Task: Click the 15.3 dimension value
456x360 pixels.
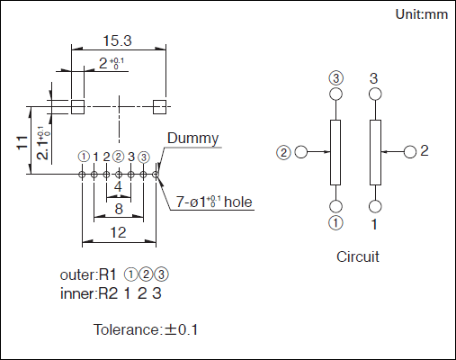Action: (117, 40)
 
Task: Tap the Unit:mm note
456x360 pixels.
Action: (422, 14)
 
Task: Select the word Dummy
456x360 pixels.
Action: (192, 139)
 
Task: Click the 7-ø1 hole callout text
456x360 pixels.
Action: (214, 202)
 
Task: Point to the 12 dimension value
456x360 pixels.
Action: (119, 232)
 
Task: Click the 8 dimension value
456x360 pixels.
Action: (119, 209)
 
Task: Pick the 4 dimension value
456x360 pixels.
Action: (118, 187)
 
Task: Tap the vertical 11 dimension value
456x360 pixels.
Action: (22, 142)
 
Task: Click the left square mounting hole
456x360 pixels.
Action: (77, 106)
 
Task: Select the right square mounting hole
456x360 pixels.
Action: (159, 107)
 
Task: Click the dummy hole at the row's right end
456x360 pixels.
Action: (156, 175)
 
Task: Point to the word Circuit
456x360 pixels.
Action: (358, 256)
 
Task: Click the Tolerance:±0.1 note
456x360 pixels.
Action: (146, 329)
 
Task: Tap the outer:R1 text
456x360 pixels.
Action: (88, 274)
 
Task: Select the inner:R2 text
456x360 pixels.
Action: (89, 293)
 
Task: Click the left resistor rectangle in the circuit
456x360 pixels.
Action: (335, 152)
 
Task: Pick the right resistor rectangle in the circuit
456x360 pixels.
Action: (375, 152)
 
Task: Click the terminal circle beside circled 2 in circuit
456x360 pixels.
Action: (301, 152)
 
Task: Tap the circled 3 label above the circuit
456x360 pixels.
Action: (335, 78)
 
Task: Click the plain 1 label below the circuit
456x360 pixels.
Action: (374, 224)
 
